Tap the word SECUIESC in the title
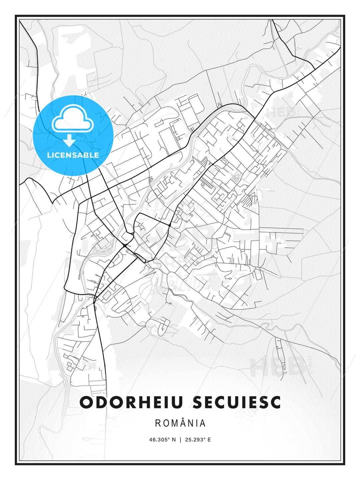point(237,402)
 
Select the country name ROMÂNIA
point(180,423)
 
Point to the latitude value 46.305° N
point(162,440)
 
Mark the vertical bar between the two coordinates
point(180,440)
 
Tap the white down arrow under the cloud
point(69,140)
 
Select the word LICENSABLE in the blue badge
point(73,155)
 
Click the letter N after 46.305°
point(173,440)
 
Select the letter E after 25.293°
point(209,440)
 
